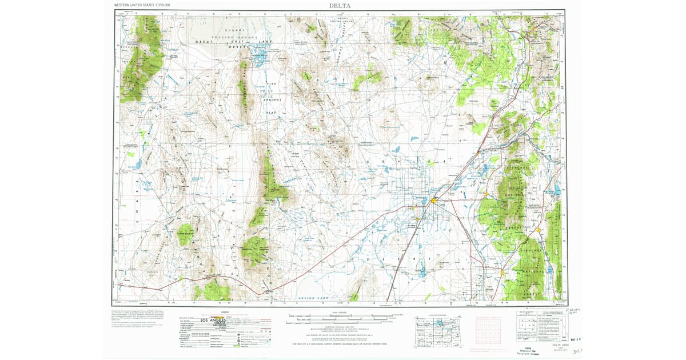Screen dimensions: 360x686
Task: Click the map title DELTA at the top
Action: [340, 6]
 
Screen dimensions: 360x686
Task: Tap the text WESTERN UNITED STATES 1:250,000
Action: [142, 5]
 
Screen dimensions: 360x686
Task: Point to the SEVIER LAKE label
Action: [314, 299]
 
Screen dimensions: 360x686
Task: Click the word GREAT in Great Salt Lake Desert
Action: [204, 42]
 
